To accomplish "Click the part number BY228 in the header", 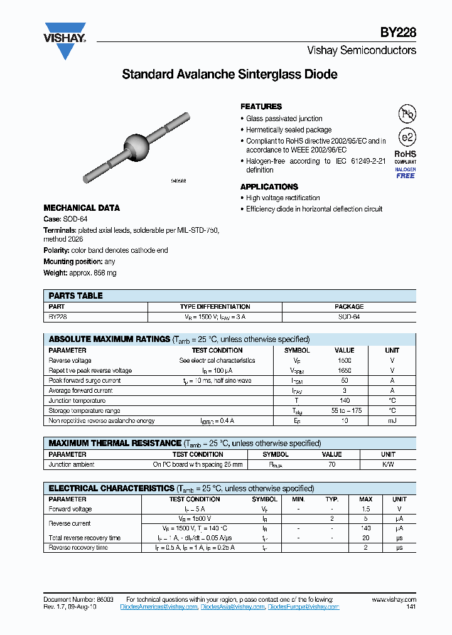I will click(x=398, y=33).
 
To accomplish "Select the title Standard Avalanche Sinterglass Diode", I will click(x=229, y=75).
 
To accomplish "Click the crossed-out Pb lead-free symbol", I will click(x=407, y=114).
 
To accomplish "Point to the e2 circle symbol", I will click(x=406, y=137).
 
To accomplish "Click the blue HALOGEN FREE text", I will click(x=405, y=173).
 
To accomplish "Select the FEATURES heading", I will click(x=261, y=107).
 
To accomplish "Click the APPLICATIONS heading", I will click(x=269, y=187).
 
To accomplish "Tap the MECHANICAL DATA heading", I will click(x=82, y=208).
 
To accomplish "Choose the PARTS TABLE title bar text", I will click(x=75, y=296).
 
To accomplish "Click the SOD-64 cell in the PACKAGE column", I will click(x=348, y=317).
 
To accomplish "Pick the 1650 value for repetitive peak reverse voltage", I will click(x=344, y=371).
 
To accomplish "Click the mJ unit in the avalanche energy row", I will click(x=392, y=421).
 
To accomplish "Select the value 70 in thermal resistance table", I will click(x=331, y=465).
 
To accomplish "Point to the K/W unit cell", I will click(x=388, y=465).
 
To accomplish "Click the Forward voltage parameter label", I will click(x=70, y=510).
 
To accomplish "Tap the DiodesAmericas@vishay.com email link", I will click(x=83, y=607).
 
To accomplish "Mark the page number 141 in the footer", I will click(x=411, y=607).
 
